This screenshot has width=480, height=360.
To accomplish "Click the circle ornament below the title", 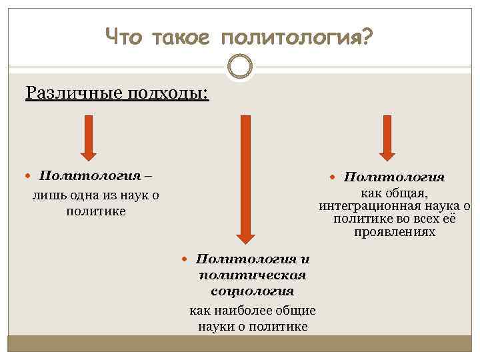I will click(x=240, y=67).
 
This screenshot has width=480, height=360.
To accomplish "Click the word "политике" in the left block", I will click(x=97, y=212).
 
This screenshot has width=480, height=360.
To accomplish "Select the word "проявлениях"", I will click(x=394, y=233).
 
